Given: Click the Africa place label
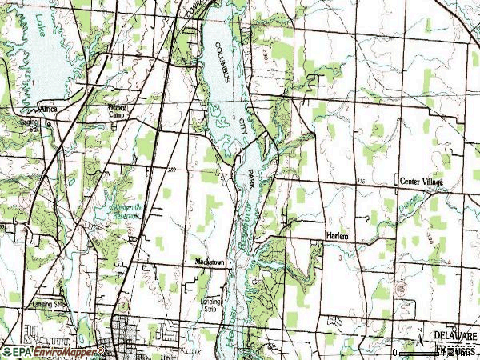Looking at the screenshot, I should [x=49, y=106].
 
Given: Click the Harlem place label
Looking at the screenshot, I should [x=338, y=236].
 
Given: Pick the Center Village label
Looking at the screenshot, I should [x=421, y=183].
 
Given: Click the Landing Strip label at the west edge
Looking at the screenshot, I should [x=50, y=304].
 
